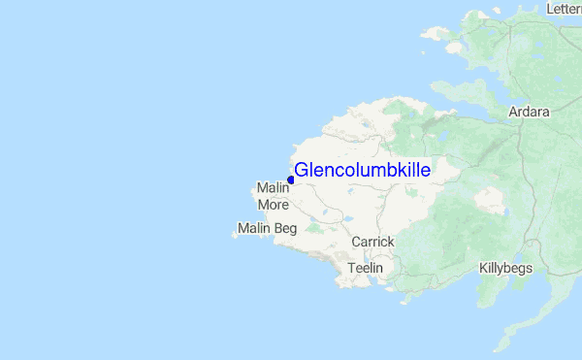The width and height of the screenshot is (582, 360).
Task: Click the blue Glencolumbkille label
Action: tap(363, 171)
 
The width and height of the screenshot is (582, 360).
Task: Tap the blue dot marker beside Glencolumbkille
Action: tap(291, 180)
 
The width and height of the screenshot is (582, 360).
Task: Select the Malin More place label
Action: tap(274, 196)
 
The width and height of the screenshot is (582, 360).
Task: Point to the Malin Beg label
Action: tap(266, 230)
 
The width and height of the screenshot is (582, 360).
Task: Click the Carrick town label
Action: tap(372, 242)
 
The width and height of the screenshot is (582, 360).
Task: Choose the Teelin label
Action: tap(367, 268)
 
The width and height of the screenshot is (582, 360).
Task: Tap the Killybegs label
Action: tap(505, 269)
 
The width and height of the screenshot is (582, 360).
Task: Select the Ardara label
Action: tap(530, 113)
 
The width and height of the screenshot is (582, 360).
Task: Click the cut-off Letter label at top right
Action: tap(564, 9)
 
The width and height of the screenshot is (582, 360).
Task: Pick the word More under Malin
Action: tap(274, 205)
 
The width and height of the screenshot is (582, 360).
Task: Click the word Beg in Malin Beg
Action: tap(284, 230)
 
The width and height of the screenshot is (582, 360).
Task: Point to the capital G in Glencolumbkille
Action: tap(301, 171)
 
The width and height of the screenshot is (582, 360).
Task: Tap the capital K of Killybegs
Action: tap(483, 268)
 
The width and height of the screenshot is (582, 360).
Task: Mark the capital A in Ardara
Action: tap(514, 113)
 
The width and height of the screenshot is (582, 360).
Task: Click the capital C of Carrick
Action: tap(356, 242)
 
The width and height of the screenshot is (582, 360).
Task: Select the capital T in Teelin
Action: tap(352, 268)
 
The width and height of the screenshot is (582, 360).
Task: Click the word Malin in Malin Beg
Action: tap(252, 230)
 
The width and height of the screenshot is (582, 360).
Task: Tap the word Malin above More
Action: tap(274, 187)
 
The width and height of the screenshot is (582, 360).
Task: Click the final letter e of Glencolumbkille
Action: tap(426, 171)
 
